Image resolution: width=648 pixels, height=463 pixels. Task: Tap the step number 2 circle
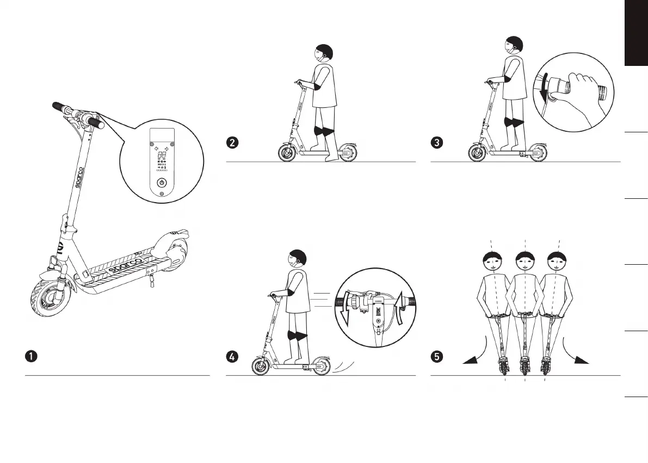pos(232,143)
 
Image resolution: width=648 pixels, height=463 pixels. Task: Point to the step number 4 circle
pos(232,357)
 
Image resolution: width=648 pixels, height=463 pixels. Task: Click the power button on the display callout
pos(162,183)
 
